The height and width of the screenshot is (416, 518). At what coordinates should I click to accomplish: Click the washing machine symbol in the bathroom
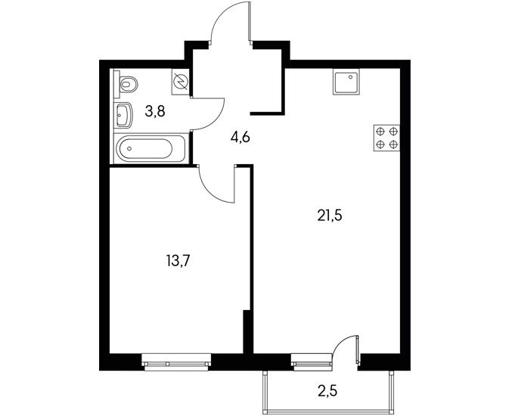(181, 82)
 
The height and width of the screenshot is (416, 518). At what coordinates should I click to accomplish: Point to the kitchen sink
(346, 82)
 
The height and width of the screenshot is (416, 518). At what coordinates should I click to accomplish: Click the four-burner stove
(387, 138)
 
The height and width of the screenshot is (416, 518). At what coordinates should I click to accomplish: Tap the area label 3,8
(155, 112)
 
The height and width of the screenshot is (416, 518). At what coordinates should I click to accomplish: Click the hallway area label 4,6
(240, 136)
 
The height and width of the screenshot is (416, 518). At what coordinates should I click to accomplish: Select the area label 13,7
(178, 262)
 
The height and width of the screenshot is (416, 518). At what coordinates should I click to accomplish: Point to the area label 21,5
(330, 216)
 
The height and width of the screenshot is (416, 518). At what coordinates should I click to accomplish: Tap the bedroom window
(176, 362)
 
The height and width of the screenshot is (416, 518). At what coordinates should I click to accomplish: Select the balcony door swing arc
(340, 340)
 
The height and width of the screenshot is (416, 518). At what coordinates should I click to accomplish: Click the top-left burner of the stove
(380, 132)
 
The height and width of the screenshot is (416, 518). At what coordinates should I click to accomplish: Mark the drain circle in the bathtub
(129, 148)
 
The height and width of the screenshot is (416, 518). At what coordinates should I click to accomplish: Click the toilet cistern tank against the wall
(116, 84)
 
